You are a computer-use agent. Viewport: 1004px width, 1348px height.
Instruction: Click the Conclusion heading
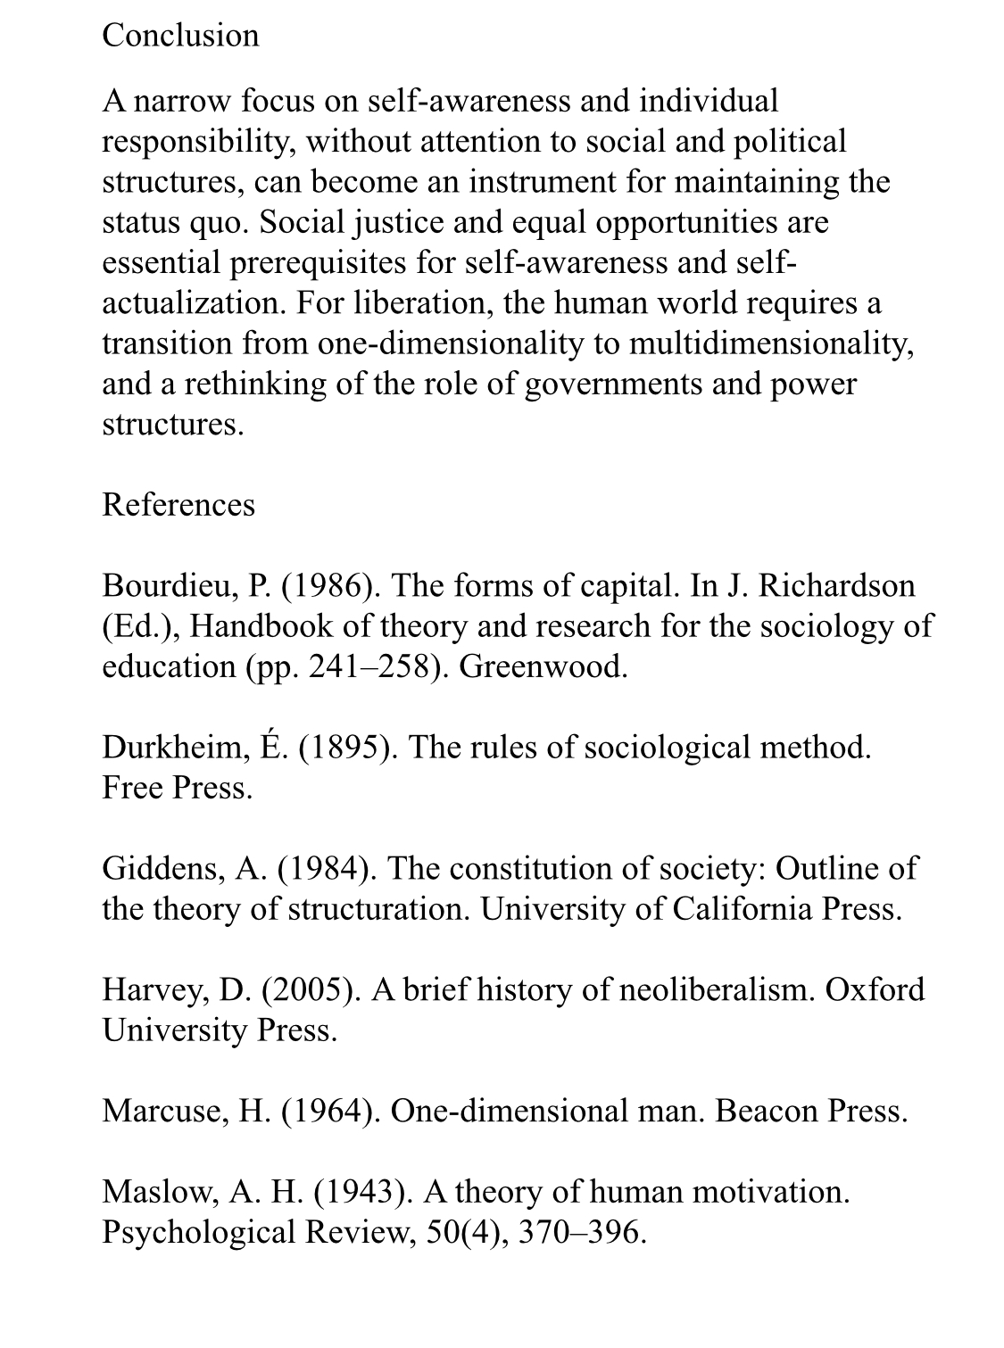(x=180, y=36)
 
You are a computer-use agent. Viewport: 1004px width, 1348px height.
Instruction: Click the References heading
(x=178, y=505)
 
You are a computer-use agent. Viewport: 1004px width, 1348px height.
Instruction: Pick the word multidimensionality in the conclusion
(x=771, y=343)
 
